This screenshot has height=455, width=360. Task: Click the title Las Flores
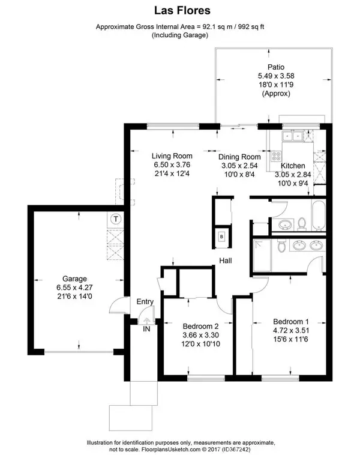coord(180,11)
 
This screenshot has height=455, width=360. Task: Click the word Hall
coord(226,261)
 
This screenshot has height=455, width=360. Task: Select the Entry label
coord(145,302)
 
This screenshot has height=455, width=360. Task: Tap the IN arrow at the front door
coord(146,328)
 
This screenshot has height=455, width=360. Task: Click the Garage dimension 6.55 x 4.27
coord(76,288)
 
